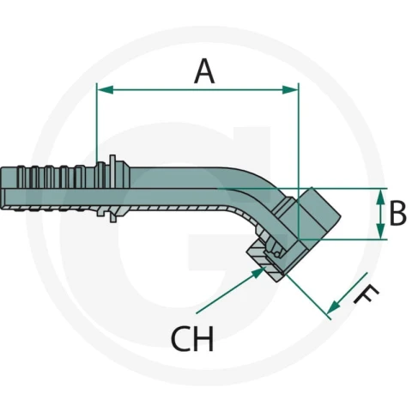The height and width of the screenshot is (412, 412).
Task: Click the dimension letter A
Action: point(204,71)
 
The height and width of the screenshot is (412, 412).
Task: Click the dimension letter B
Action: point(397,213)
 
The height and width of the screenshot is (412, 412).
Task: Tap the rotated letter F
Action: point(367,294)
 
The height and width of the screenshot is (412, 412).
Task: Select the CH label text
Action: point(192,338)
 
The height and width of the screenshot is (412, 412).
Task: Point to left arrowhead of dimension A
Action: point(105,89)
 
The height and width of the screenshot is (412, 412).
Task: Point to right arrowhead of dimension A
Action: point(290,89)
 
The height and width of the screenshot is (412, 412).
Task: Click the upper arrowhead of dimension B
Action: point(380,197)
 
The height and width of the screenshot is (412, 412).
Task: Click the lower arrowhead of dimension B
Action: point(380,232)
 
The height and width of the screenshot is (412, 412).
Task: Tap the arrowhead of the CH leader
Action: point(257,273)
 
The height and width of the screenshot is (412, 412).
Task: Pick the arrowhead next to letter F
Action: point(334,307)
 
